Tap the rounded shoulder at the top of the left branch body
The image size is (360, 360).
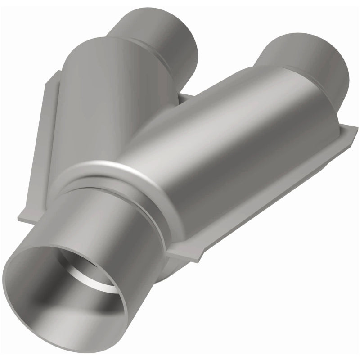90,45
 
